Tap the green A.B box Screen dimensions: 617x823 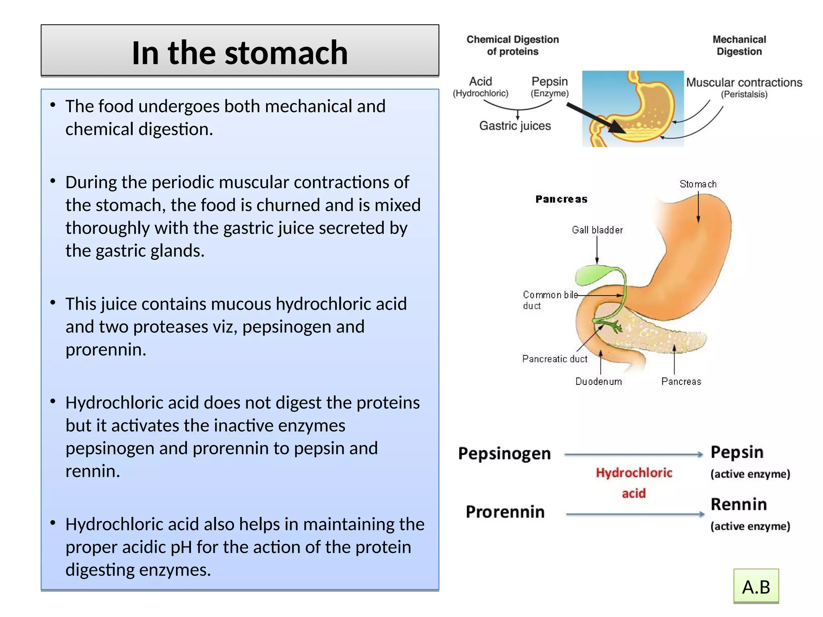pyautogui.click(x=756, y=587)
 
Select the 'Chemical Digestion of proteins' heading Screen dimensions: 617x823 pyautogui.click(x=512, y=45)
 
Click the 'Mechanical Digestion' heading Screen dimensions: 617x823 pyautogui.click(x=739, y=45)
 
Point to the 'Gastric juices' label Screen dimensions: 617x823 pyautogui.click(x=515, y=126)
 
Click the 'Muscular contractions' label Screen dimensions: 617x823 pyautogui.click(x=744, y=83)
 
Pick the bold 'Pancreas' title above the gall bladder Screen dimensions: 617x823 pyautogui.click(x=561, y=199)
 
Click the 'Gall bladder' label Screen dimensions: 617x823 pyautogui.click(x=597, y=230)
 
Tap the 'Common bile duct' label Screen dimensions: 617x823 pyautogui.click(x=549, y=300)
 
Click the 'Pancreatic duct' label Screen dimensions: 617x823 pyautogui.click(x=555, y=359)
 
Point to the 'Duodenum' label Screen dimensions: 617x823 pyautogui.click(x=598, y=382)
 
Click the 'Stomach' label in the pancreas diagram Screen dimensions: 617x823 pyautogui.click(x=698, y=184)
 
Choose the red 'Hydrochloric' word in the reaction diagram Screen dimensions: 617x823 pyautogui.click(x=634, y=473)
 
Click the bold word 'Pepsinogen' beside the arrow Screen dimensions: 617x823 pyautogui.click(x=504, y=454)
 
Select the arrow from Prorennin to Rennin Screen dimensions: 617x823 pyautogui.click(x=635, y=514)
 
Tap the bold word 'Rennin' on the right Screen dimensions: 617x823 pyautogui.click(x=739, y=504)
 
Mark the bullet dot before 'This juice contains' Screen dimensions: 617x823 pyautogui.click(x=53, y=303)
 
